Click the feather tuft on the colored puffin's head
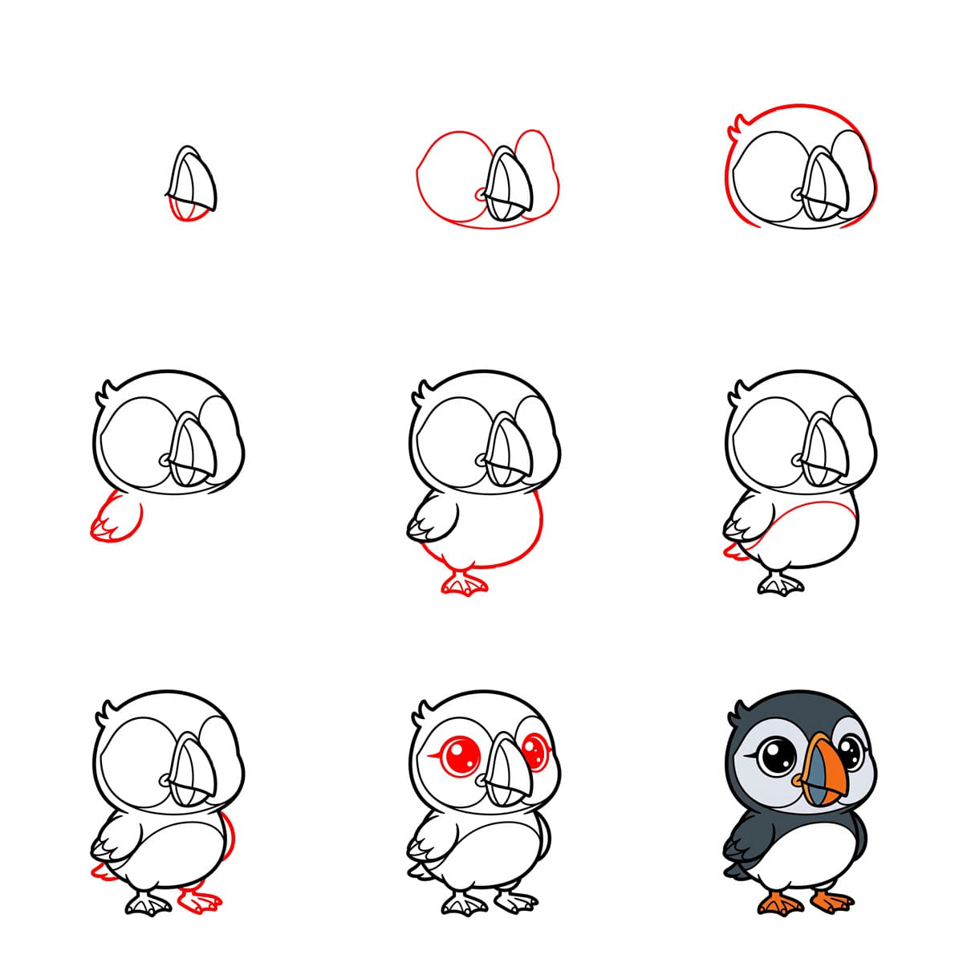tap(739, 710)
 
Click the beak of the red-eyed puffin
tap(506, 772)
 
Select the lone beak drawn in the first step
tap(193, 181)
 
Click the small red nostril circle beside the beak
tap(481, 194)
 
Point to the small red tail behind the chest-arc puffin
tap(732, 551)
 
